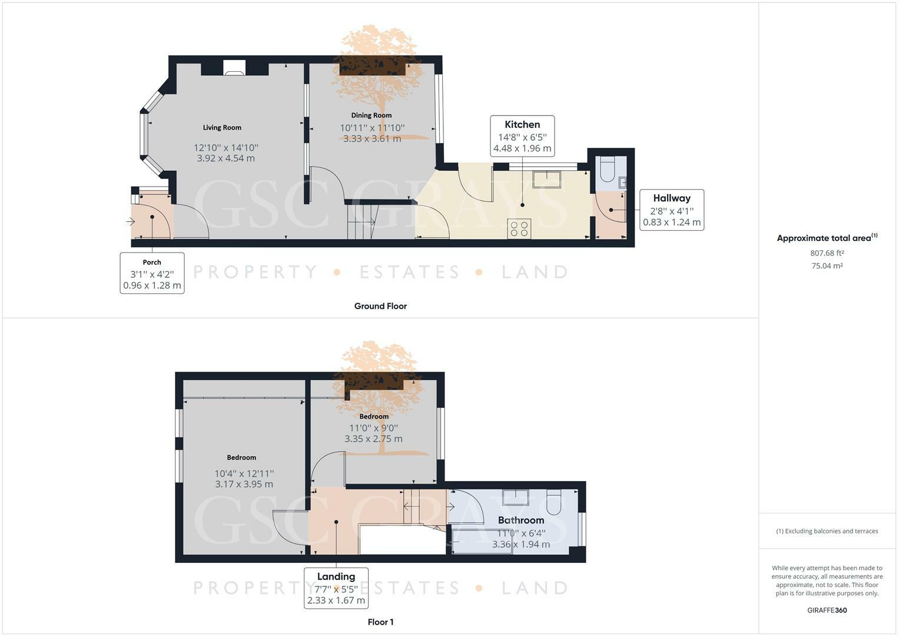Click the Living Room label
[222, 128]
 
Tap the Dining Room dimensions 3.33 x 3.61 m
[372, 139]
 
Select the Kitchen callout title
[522, 124]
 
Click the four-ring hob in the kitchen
[519, 229]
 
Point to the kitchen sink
[546, 180]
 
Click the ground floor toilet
[608, 169]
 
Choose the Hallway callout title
[672, 198]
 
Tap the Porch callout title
[152, 262]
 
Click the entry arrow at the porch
[131, 221]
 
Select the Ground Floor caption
[380, 306]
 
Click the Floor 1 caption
[380, 622]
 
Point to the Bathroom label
[521, 520]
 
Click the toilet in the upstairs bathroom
[553, 502]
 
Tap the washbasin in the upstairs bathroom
[515, 497]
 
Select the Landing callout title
[336, 577]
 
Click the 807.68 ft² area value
[827, 253]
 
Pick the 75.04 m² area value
[827, 266]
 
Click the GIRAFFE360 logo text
[827, 610]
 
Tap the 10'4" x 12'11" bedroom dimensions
[244, 474]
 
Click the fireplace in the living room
[234, 68]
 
